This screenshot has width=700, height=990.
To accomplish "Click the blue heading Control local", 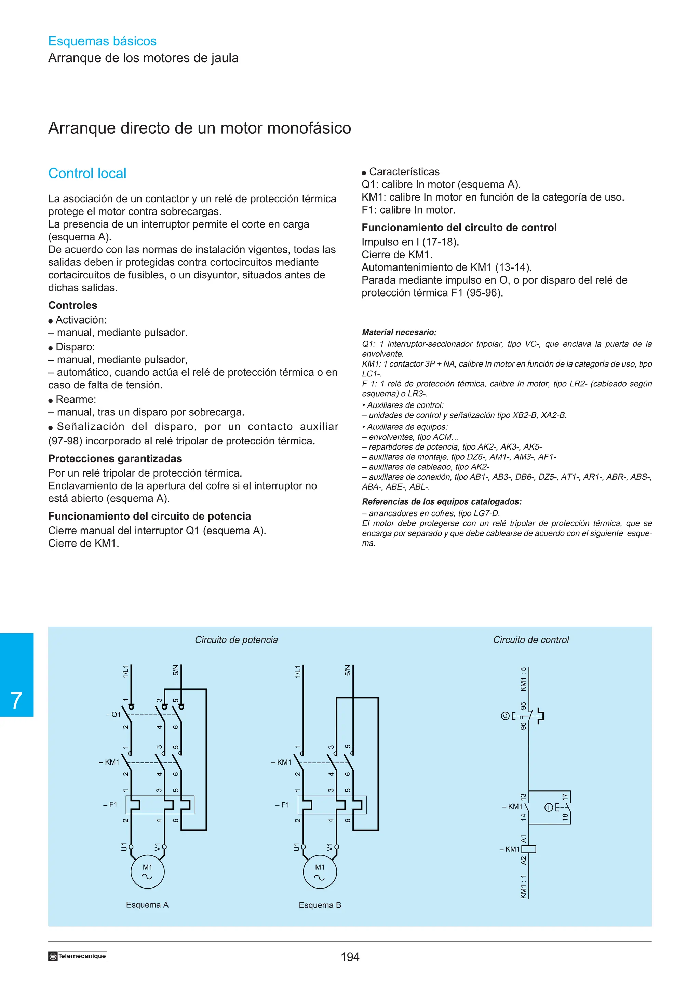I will coord(87,173).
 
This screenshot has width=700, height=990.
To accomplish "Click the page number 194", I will coord(350,957).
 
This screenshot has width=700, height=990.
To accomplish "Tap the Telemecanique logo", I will coord(78,956).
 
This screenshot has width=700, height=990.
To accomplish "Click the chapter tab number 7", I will coord(16,700).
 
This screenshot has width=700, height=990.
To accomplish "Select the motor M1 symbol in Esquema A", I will coord(148,871).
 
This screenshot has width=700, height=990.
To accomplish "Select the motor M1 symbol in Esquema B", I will coord(320,871).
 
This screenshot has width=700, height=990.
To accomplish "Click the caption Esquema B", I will coord(320,905).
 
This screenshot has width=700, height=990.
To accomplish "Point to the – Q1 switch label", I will coord(113,714).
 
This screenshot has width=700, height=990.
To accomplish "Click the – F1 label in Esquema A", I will coord(110,805).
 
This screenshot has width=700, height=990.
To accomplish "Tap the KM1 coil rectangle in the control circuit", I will coord(529,850).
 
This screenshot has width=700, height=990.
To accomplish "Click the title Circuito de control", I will coord(530,640).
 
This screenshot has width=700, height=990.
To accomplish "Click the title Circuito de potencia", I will coord(236,640).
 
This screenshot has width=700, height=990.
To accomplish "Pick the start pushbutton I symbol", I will coord(549,807).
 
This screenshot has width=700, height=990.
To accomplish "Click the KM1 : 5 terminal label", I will coord(523,679).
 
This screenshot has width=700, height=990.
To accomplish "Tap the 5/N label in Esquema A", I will coord(176,671).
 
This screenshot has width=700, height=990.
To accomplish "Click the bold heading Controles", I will coord(72,305).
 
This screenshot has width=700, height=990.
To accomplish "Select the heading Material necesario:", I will coord(399,332).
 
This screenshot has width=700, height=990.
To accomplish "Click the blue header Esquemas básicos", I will coord(102,41).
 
